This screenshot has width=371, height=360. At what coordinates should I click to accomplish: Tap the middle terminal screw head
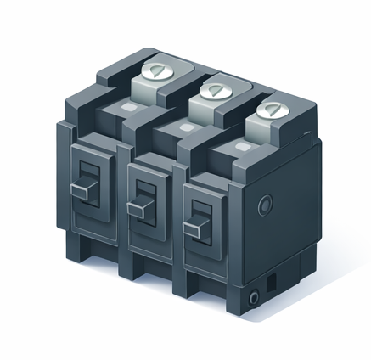click(x=212, y=89)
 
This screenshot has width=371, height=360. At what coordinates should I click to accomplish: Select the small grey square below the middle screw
click(x=184, y=128)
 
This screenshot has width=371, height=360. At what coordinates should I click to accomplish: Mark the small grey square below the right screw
click(x=241, y=148)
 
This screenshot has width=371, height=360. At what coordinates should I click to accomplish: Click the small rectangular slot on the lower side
click(x=272, y=280)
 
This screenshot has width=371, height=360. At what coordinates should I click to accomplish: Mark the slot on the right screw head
click(x=272, y=109)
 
